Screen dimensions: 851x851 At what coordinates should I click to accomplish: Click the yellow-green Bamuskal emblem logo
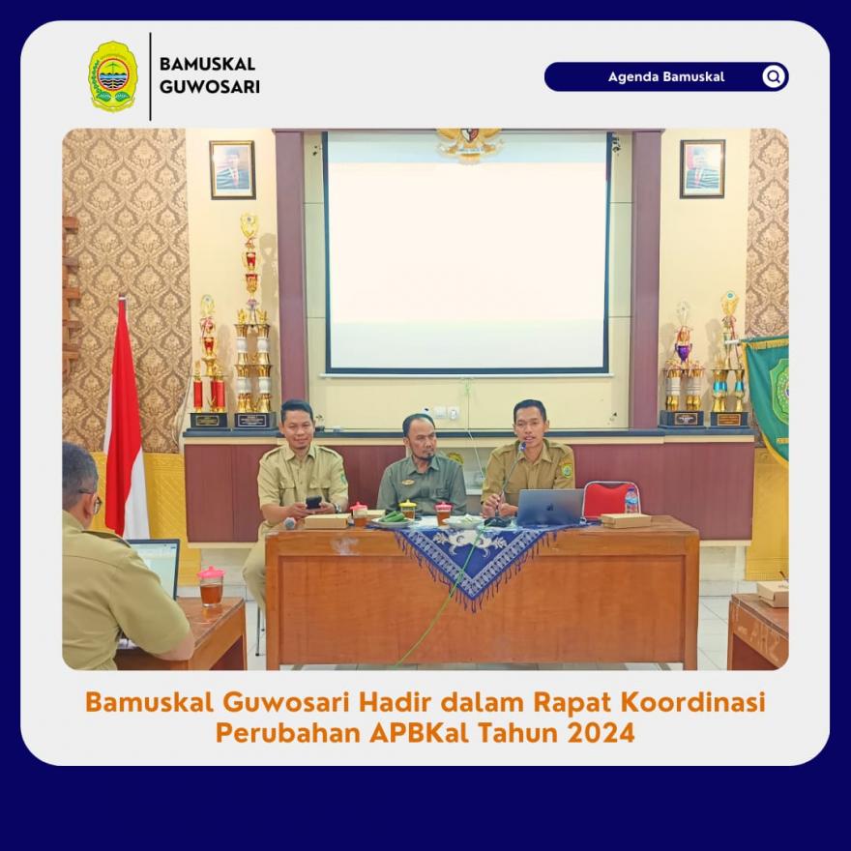(x=113, y=76)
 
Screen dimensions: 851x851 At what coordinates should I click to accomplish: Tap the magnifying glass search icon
(x=774, y=76)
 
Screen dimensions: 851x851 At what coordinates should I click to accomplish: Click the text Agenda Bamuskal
(x=666, y=76)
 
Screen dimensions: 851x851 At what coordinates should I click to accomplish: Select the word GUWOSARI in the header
(x=210, y=87)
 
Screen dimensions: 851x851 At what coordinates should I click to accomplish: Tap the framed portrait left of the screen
(x=232, y=169)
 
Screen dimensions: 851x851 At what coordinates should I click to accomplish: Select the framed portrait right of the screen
(x=702, y=168)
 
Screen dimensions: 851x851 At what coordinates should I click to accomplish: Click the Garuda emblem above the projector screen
(x=469, y=144)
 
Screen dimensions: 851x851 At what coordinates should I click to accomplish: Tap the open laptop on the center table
(x=549, y=507)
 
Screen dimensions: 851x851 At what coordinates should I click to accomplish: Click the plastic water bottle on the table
(x=631, y=500)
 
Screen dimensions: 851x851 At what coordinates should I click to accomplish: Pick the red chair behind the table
(x=609, y=498)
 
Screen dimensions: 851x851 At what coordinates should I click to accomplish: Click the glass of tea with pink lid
(x=211, y=586)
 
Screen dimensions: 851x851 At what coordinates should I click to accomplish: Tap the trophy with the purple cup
(x=682, y=364)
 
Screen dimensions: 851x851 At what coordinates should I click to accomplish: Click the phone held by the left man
(x=313, y=502)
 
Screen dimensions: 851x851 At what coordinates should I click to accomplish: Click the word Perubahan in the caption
(x=288, y=733)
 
